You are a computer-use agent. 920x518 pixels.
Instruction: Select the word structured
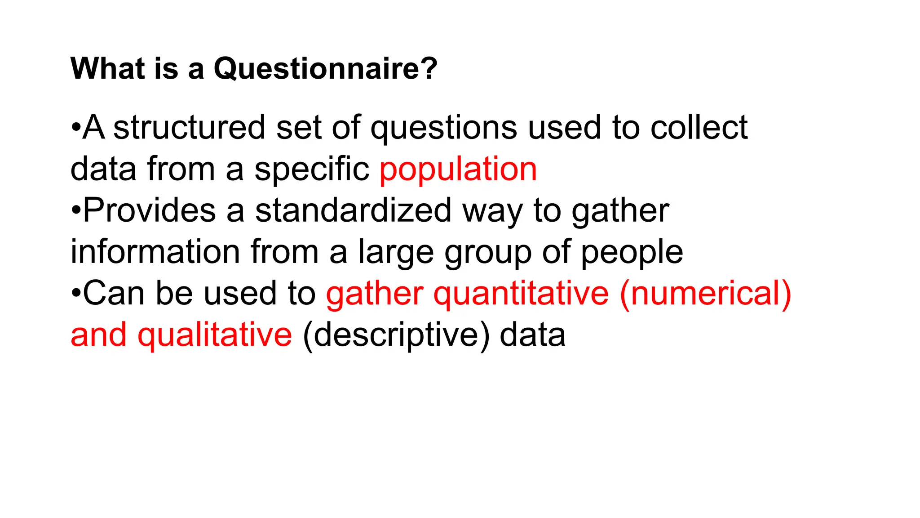(x=189, y=128)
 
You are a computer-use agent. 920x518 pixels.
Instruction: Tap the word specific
(x=312, y=170)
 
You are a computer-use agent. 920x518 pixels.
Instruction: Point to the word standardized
(x=353, y=210)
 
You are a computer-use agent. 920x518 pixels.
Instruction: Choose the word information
(x=155, y=252)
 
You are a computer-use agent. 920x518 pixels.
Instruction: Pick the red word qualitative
(x=215, y=335)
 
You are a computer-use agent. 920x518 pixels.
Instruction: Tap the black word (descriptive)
(x=396, y=335)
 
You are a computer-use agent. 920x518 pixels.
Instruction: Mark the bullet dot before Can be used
(x=75, y=295)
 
